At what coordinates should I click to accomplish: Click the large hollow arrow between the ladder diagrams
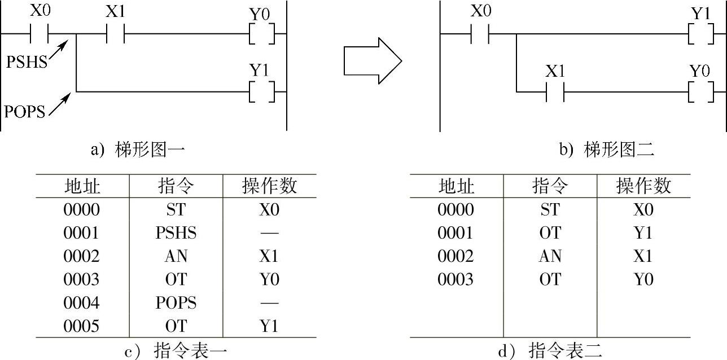373,60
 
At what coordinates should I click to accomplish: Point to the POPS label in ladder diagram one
25,111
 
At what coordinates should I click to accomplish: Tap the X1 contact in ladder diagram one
115,34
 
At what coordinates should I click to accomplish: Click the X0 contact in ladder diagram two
480,34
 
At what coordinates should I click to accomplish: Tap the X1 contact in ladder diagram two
555,91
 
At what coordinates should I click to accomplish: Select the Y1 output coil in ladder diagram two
700,34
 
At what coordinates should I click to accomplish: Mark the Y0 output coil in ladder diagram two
700,91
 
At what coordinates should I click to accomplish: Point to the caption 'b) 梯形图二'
606,150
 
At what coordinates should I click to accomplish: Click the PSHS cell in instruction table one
176,233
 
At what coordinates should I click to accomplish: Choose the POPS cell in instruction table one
176,303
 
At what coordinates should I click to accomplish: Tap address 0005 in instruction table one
82,326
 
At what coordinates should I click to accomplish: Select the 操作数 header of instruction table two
643,186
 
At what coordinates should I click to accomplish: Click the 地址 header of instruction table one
82,186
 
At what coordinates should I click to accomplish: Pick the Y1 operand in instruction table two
643,233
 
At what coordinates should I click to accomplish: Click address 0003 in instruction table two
456,279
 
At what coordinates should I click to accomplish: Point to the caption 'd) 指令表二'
550,352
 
